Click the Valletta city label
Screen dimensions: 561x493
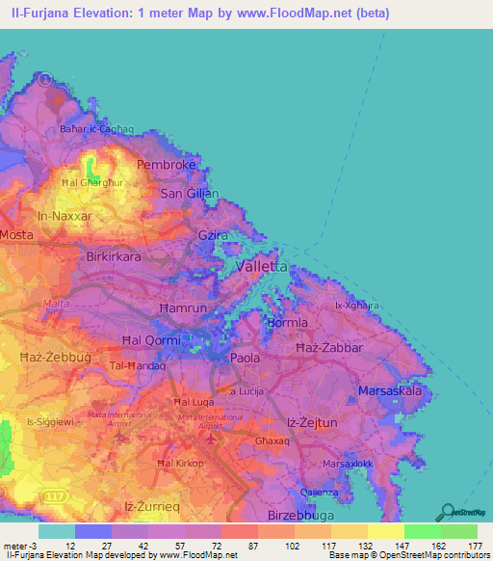click(255, 266)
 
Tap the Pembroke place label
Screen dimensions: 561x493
click(167, 165)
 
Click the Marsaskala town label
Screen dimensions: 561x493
click(390, 391)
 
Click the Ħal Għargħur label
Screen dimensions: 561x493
click(92, 181)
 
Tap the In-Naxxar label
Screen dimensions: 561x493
click(65, 217)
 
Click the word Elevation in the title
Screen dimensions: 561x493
click(115, 13)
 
